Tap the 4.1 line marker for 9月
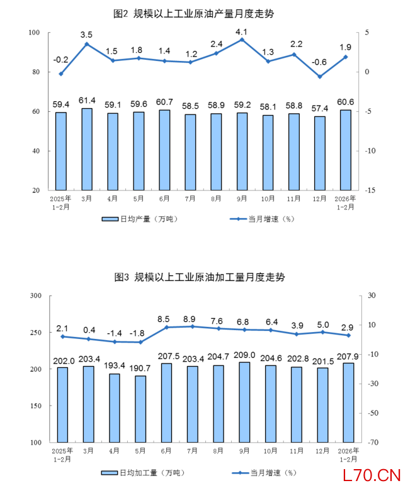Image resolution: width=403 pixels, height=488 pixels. (x=242, y=40)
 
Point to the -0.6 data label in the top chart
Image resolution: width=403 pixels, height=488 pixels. (x=320, y=62)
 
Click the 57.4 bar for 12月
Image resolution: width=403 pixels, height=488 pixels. (x=320, y=153)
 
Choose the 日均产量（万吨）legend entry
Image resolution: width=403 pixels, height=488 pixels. (x=135, y=219)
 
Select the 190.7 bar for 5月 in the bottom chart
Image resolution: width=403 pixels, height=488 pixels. (x=140, y=409)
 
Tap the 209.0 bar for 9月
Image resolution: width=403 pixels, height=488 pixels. (x=244, y=402)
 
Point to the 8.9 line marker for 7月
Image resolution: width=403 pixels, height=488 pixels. (x=192, y=326)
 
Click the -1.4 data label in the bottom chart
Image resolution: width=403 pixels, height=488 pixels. (x=114, y=332)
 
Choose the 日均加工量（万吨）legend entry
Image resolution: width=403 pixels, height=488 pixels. (x=140, y=472)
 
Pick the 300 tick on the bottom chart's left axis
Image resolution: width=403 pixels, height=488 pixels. (x=35, y=296)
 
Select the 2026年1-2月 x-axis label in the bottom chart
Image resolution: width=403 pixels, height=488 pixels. (x=348, y=455)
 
